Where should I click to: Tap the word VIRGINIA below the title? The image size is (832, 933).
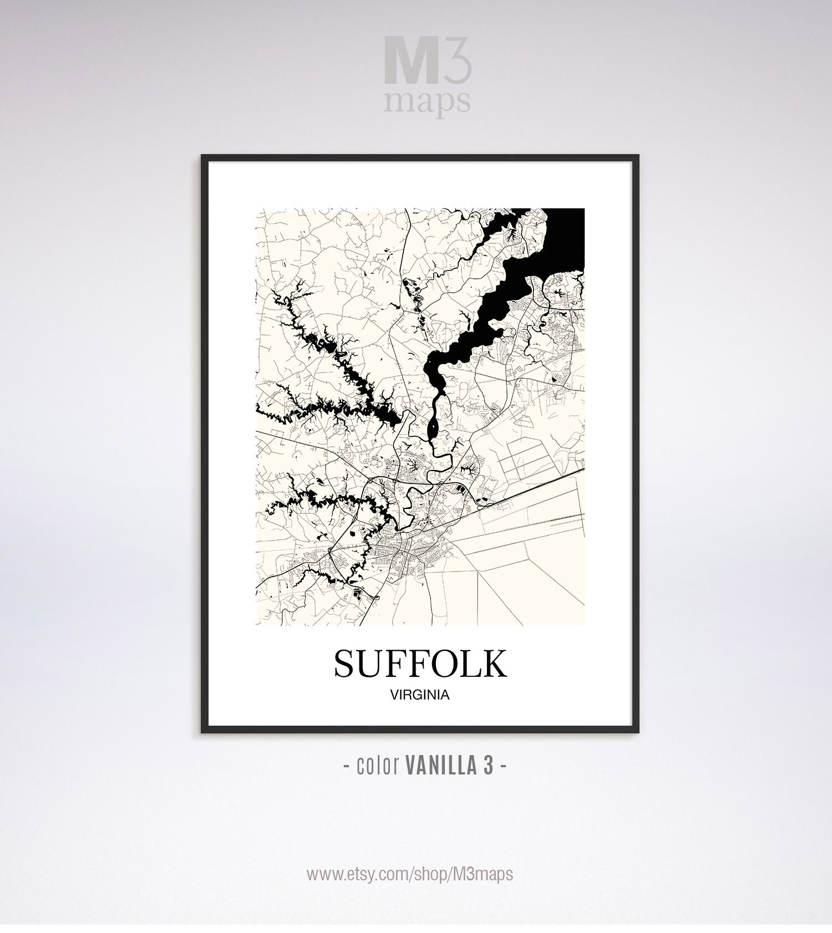pyautogui.click(x=419, y=695)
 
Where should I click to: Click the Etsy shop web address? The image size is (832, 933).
pyautogui.click(x=410, y=874)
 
